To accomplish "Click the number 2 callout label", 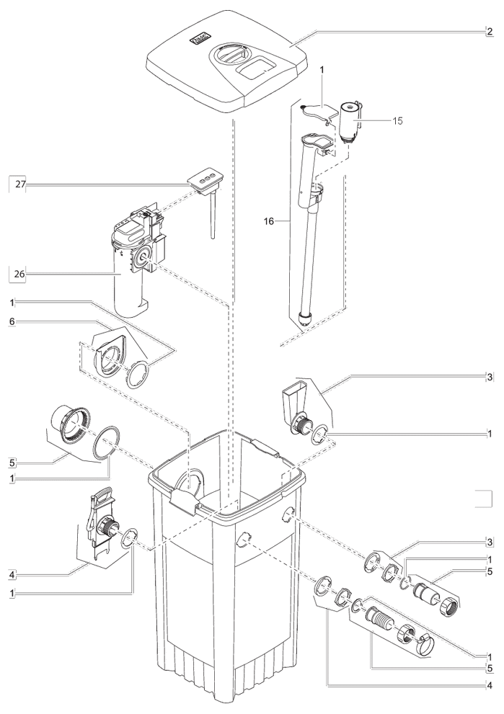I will point(489,32).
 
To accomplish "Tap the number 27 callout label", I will point(22,185).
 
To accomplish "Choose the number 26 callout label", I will point(22,274).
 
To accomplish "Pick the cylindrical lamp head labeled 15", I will point(350,118).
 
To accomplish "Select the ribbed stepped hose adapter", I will point(380,617).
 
